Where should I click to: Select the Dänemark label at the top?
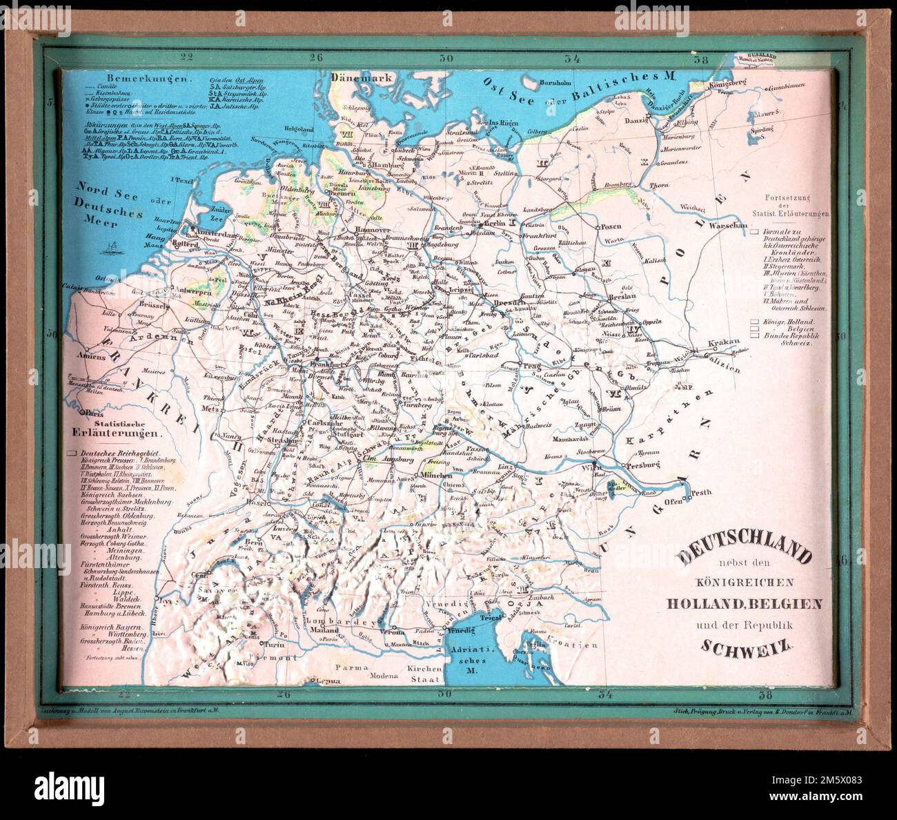[x=362, y=78]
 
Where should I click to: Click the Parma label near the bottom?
[x=349, y=668]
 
